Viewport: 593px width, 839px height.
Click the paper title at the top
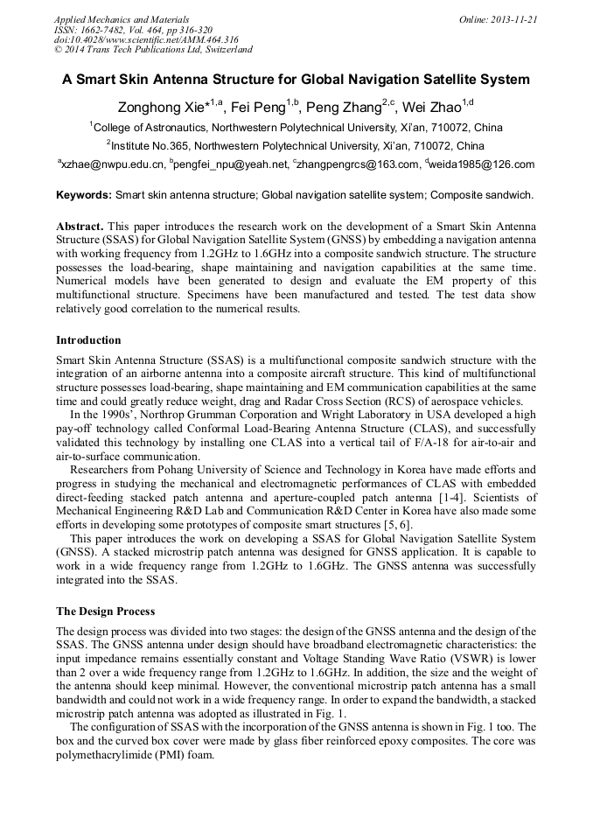[296, 80]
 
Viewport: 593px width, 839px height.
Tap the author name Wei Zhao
[434, 107]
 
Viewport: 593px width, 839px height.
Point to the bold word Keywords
[84, 194]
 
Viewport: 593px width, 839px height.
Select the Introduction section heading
[88, 340]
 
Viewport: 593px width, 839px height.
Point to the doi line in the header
[146, 39]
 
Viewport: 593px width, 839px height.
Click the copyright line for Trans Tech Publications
[153, 50]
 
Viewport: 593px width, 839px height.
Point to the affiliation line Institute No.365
[296, 145]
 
